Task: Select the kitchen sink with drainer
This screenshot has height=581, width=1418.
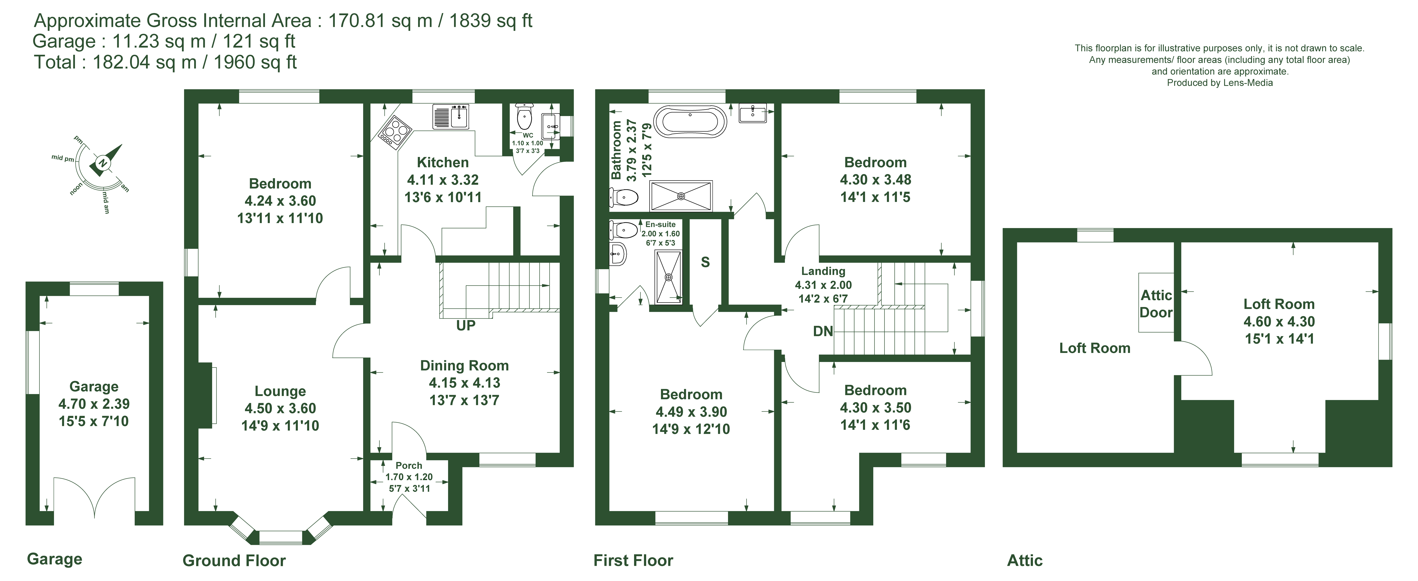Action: tap(450, 116)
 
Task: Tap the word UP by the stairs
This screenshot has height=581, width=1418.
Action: tap(466, 326)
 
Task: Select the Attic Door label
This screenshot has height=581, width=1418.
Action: tap(1156, 304)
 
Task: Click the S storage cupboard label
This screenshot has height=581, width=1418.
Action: tap(705, 262)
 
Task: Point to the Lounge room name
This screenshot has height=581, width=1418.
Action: tap(280, 391)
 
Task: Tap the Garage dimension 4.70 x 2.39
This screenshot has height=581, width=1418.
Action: tap(94, 404)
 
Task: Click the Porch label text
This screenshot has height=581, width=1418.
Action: tap(409, 466)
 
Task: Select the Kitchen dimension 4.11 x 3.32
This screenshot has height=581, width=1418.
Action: tap(443, 180)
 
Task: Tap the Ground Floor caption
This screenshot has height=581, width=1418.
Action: tap(234, 561)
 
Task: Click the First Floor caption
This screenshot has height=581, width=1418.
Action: tap(633, 561)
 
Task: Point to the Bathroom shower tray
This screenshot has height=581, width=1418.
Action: tap(681, 196)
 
